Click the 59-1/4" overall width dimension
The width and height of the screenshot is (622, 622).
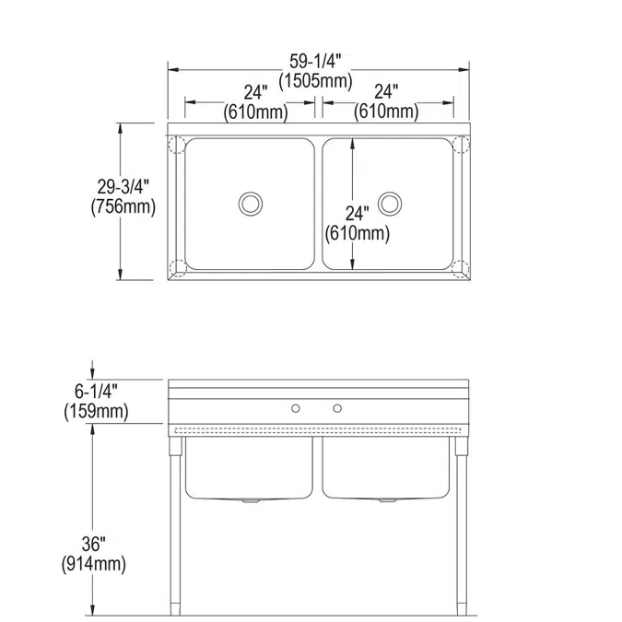315,61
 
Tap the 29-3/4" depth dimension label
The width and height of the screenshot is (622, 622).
122,186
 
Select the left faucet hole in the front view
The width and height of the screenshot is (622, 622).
296,407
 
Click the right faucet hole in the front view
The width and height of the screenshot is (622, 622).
337,407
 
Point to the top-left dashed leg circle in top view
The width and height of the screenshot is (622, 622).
177,146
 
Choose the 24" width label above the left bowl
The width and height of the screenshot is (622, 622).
255,93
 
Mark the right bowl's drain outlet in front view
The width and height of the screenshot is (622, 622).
389,502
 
